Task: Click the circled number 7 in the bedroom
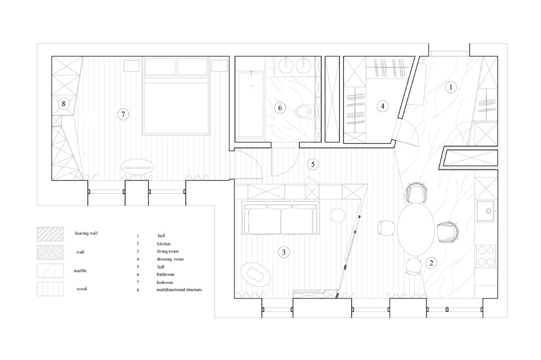(123, 114)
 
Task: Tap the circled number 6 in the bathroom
(280, 108)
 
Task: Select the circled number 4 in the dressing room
(382, 106)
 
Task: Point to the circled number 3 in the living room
(283, 252)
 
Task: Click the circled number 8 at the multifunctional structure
(64, 104)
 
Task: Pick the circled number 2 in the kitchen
(431, 263)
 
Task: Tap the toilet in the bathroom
(305, 112)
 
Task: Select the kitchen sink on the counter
(486, 211)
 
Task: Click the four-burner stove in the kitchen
(486, 256)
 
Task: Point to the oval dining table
(415, 229)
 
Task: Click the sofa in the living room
(281, 219)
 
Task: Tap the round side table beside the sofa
(338, 216)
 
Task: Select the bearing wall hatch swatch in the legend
(50, 234)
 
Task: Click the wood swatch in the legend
(50, 289)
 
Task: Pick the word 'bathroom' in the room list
(166, 274)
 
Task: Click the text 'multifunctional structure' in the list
(179, 290)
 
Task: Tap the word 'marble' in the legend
(81, 270)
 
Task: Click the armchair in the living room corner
(256, 274)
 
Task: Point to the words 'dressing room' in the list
(170, 259)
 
